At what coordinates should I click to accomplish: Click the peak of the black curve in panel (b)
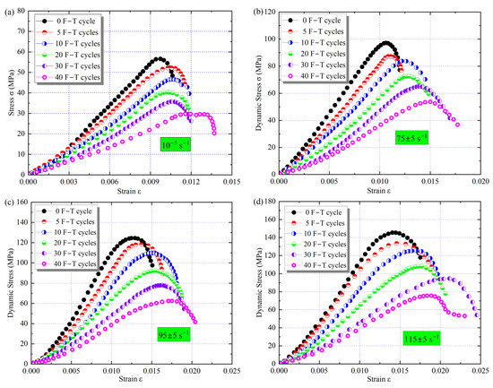coord(385,42)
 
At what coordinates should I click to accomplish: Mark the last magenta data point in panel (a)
coord(214,133)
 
